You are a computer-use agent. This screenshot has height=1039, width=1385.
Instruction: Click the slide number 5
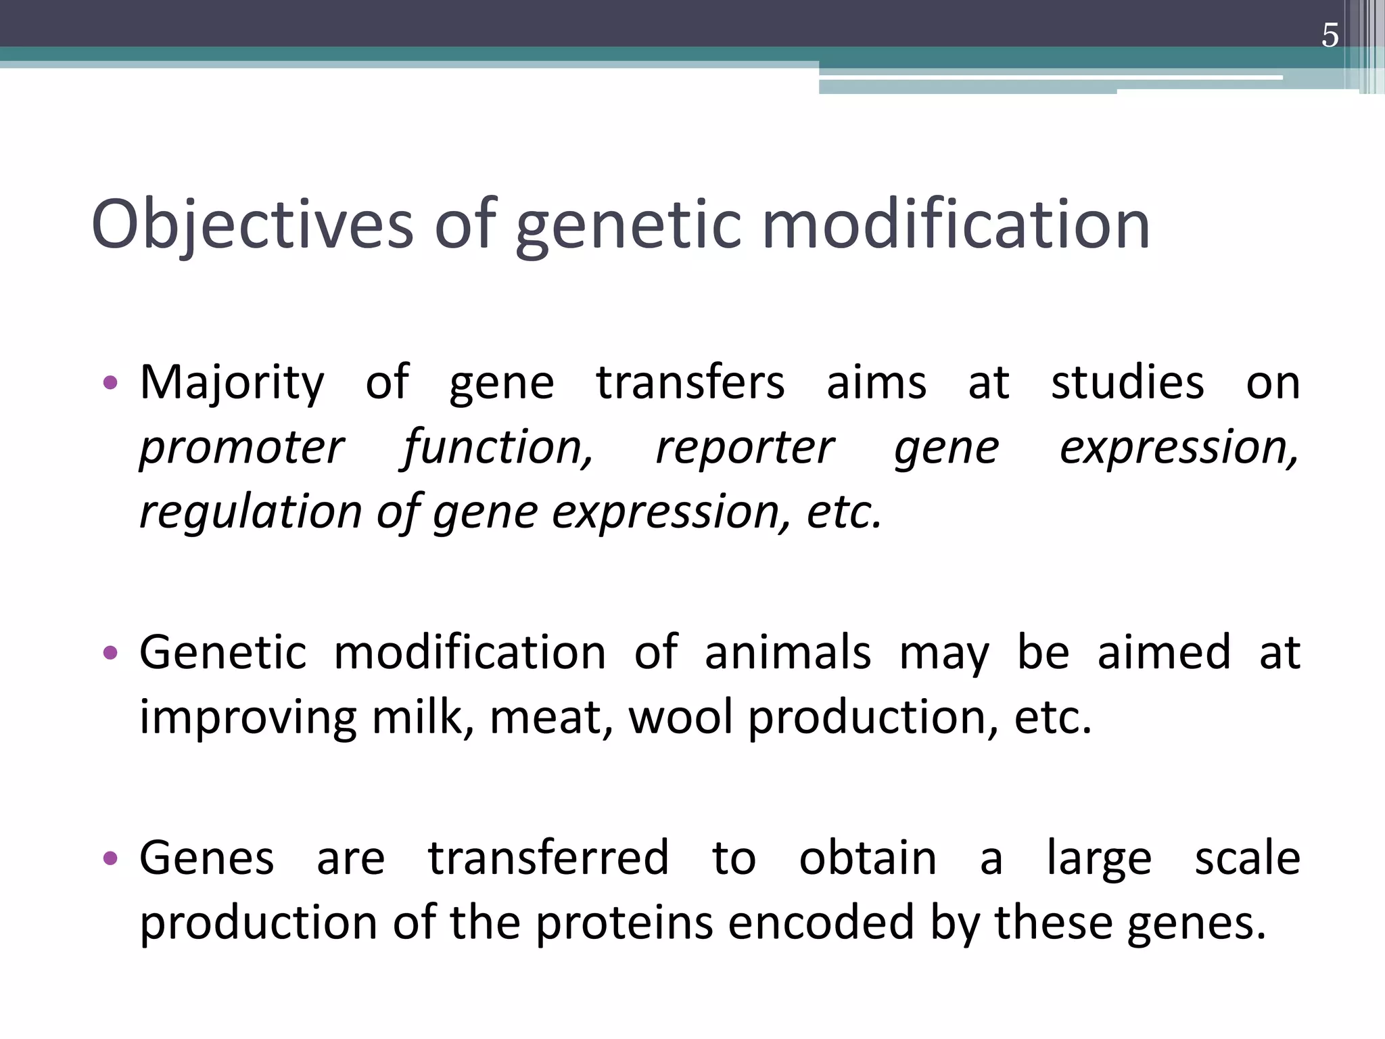pos(1330,36)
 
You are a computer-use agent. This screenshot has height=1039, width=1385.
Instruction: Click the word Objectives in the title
pos(252,225)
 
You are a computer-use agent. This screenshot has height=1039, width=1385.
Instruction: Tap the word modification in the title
pos(956,225)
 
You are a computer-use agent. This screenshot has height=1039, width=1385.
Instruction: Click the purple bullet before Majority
pos(110,384)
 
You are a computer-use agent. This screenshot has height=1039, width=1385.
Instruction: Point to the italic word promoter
pos(241,448)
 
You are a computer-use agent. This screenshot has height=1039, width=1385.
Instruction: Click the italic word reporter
pos(745,448)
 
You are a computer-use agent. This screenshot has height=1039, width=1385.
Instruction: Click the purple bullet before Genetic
pos(110,653)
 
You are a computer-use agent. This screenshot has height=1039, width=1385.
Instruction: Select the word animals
pos(788,653)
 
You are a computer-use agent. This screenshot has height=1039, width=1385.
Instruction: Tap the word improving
pos(248,718)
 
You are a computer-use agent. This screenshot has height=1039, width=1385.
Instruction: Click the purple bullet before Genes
pos(110,859)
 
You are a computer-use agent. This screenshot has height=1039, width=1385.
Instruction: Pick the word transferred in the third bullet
pos(548,858)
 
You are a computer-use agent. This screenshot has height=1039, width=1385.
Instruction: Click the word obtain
pos(868,858)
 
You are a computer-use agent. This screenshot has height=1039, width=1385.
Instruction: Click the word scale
pos(1247,858)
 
